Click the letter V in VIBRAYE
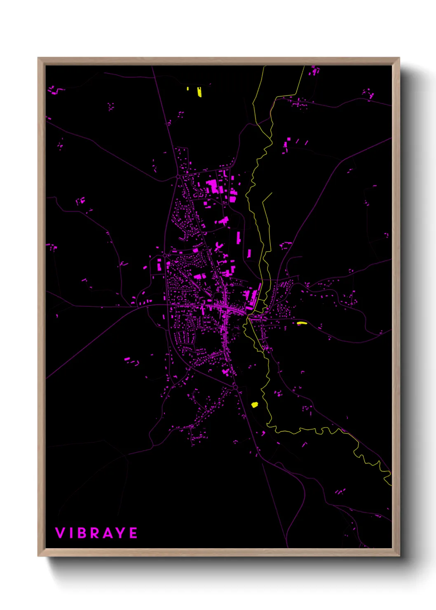(x=60, y=533)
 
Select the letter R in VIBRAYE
(x=95, y=533)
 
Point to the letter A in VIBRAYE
(x=108, y=533)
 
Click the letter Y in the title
(x=121, y=533)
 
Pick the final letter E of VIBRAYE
(x=134, y=533)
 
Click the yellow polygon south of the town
(x=254, y=405)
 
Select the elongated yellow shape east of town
(x=302, y=323)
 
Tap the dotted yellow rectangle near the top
(x=199, y=91)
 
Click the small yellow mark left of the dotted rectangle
(x=188, y=88)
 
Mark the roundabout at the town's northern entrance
(x=178, y=176)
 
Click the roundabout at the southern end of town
(x=235, y=387)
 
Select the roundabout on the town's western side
(x=165, y=256)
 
